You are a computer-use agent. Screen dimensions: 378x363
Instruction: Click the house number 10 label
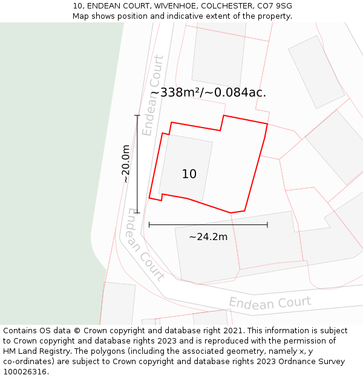coord(189,174)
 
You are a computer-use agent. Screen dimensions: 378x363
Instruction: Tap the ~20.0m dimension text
coord(126,164)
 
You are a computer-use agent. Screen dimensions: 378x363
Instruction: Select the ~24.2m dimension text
coord(208,237)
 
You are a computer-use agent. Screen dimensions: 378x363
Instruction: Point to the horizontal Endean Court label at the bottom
coord(270,302)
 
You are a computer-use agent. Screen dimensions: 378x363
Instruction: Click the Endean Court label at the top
coord(152,95)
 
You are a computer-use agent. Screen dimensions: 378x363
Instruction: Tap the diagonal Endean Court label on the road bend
coord(145,244)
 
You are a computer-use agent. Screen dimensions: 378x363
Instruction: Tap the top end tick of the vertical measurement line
coord(137,116)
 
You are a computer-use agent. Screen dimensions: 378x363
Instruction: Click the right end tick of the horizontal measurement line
coord(267,225)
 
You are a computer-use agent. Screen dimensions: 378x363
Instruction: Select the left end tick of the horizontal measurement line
coord(149,225)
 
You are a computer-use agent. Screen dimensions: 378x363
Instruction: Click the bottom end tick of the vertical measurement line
coord(137,213)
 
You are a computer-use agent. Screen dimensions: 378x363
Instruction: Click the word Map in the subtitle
coord(81,16)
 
